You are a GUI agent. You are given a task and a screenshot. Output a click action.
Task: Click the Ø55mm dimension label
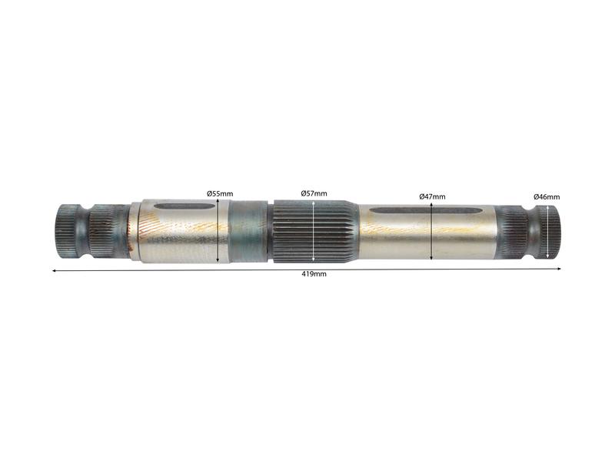(219, 194)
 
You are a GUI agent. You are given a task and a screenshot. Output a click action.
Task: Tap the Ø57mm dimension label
(314, 192)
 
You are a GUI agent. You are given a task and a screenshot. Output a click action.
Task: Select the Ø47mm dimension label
(432, 196)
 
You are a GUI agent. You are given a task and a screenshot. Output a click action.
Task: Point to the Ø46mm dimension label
(547, 197)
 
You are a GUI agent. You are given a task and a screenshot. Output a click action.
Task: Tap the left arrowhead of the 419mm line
(54, 270)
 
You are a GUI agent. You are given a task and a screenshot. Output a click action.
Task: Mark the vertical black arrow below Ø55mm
(219, 231)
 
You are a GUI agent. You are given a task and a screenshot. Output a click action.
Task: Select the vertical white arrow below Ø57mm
(314, 230)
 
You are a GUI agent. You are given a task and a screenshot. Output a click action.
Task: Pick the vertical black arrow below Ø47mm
(432, 232)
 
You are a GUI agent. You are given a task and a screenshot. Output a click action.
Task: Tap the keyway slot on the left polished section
(184, 206)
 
